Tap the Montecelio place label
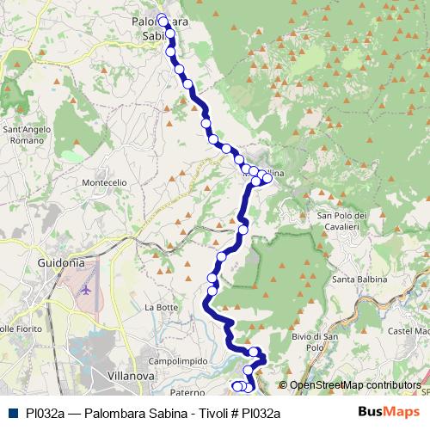click(x=104, y=182)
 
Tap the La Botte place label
click(x=161, y=307)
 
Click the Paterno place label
click(x=187, y=392)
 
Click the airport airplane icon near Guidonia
click(x=85, y=288)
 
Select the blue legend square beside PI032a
click(x=13, y=414)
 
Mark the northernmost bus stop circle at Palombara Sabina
click(x=162, y=16)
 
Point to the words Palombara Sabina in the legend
click(x=129, y=414)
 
